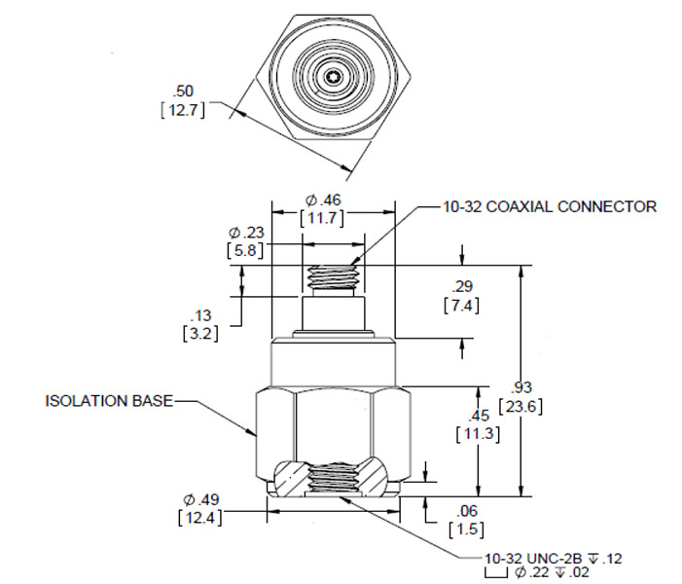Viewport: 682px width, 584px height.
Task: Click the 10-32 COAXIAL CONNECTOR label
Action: point(549,206)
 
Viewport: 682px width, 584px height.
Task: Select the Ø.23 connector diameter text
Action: point(247,233)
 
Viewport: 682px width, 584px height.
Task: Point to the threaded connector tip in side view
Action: point(333,277)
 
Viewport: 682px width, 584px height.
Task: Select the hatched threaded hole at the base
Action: point(333,479)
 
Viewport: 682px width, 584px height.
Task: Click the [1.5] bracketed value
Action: point(461,529)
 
